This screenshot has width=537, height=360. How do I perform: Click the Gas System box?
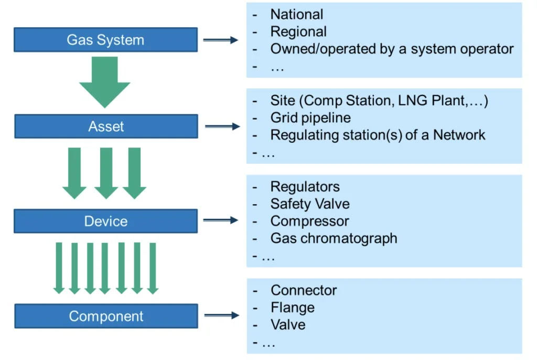pyautogui.click(x=105, y=40)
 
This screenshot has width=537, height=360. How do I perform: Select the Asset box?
pyautogui.click(x=106, y=126)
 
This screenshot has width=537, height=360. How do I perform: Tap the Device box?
pyautogui.click(x=105, y=221)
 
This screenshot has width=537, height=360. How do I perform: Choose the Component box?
pyautogui.click(x=106, y=316)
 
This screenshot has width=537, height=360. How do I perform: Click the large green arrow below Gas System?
pyautogui.click(x=105, y=82)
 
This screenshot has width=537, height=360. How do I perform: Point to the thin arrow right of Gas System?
pyautogui.click(x=221, y=40)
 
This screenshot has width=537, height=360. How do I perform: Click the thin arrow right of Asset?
pyautogui.click(x=222, y=126)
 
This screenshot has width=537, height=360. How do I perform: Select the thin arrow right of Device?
pyautogui.click(x=221, y=220)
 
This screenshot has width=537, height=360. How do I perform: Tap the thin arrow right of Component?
pyautogui.click(x=222, y=315)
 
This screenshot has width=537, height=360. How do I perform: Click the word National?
pyautogui.click(x=297, y=14)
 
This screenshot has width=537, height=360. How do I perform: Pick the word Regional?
pyautogui.click(x=298, y=32)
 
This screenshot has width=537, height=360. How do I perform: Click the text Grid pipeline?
pyautogui.click(x=310, y=118)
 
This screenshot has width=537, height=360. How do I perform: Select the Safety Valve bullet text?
pyautogui.click(x=310, y=204)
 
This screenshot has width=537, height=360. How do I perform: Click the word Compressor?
pyautogui.click(x=309, y=221)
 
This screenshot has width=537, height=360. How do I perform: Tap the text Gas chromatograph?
pyautogui.click(x=334, y=239)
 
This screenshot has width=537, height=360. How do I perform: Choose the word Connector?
pyautogui.click(x=304, y=290)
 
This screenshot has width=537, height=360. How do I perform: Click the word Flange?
pyautogui.click(x=293, y=308)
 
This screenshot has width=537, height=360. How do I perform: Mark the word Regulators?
pyautogui.click(x=305, y=187)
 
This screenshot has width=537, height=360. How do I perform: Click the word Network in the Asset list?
pyautogui.click(x=459, y=135)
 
